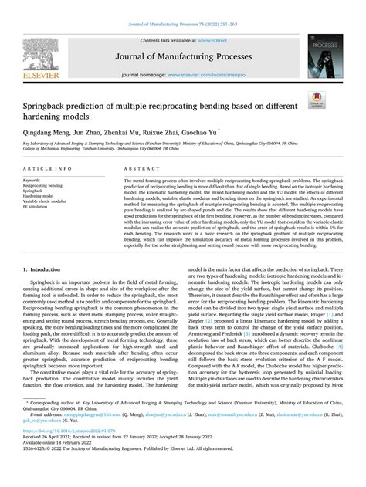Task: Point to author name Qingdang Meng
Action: coord(46,133)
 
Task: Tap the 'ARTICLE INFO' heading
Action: coord(47,167)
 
